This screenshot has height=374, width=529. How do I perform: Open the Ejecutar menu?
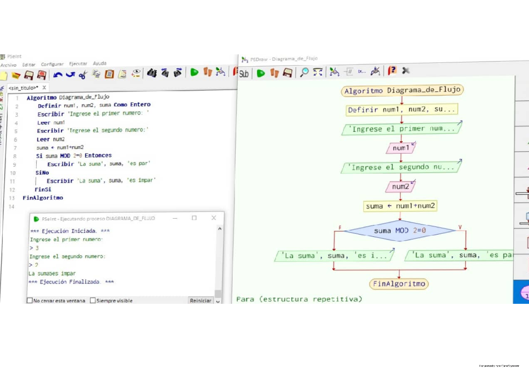[78, 64]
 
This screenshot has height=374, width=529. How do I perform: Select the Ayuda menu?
[100, 64]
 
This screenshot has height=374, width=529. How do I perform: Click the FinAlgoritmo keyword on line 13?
[43, 198]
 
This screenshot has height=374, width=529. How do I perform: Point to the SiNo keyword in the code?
[42, 173]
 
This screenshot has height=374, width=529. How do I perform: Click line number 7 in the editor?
[15, 148]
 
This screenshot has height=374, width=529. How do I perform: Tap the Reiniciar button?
[201, 300]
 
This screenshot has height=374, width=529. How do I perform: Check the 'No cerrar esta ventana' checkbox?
[30, 301]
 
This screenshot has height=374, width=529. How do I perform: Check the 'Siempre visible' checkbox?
[93, 301]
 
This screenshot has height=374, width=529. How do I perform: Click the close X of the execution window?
[214, 218]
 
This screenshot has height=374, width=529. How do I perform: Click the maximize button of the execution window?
[194, 218]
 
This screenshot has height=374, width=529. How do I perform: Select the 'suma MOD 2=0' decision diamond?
[400, 230]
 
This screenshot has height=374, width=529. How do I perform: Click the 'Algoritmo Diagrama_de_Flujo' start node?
[402, 90]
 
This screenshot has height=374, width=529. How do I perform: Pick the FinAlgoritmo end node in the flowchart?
[399, 284]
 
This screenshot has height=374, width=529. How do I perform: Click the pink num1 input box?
[401, 148]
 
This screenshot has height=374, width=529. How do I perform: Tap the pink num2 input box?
[400, 187]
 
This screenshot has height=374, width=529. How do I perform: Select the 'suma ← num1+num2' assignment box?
[400, 206]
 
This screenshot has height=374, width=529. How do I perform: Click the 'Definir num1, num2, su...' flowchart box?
[402, 110]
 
